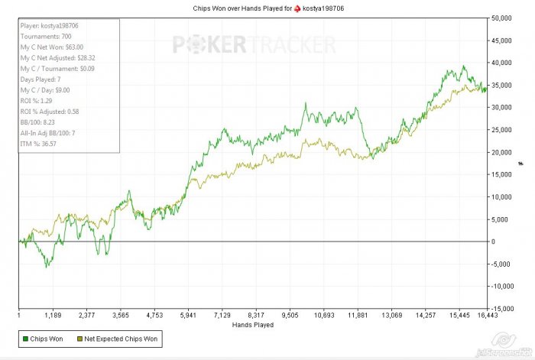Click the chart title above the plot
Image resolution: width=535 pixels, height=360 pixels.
[x=267, y=7]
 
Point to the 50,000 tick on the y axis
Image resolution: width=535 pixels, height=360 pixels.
[x=504, y=17]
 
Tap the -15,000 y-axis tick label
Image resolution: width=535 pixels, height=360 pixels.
[x=504, y=309]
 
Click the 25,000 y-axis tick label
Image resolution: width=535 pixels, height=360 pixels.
[x=504, y=129]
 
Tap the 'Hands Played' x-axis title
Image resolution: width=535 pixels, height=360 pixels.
[x=253, y=324]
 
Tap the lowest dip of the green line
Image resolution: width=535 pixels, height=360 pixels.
[x=47, y=266]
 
